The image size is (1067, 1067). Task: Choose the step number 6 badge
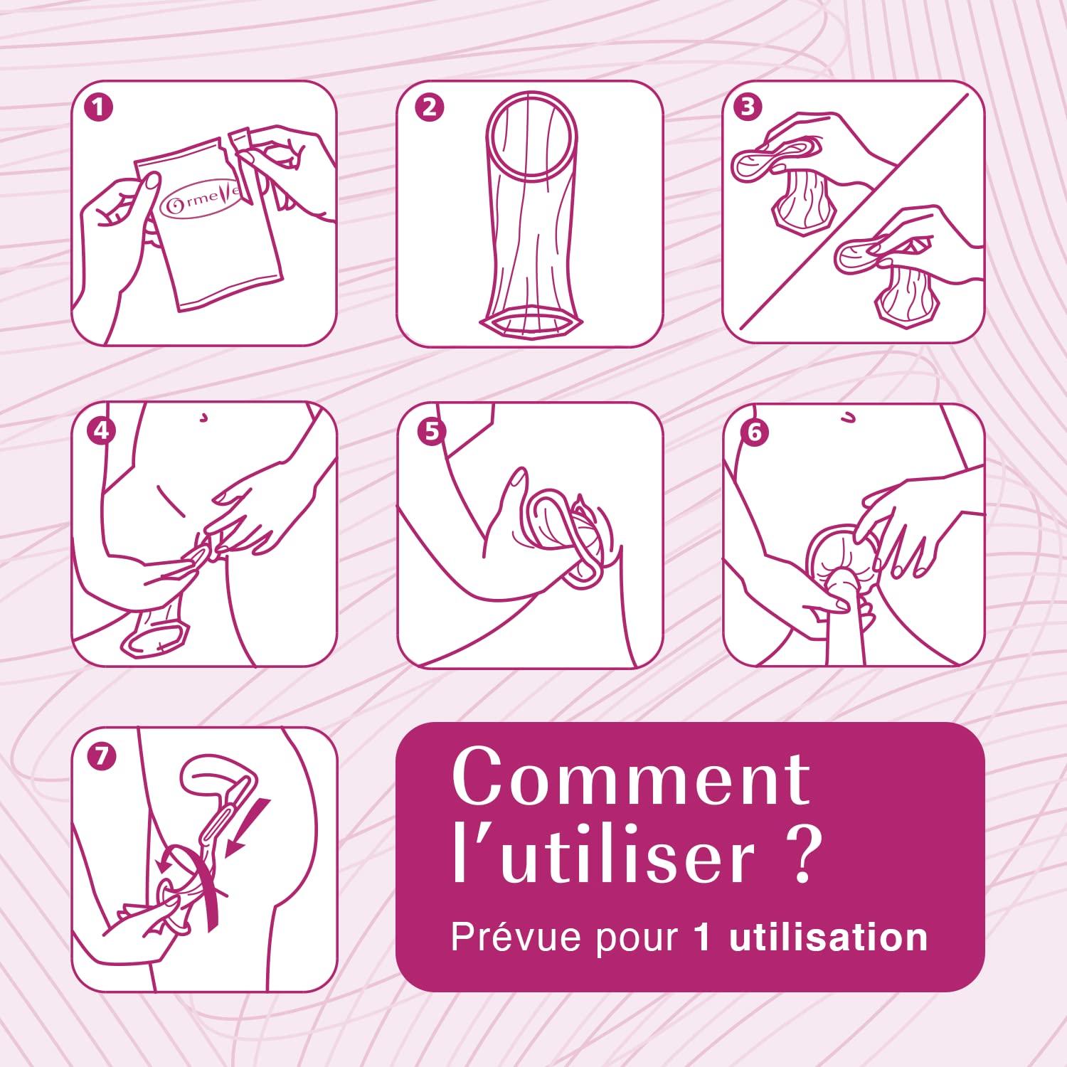[x=754, y=432]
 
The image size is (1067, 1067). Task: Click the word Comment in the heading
[x=631, y=777]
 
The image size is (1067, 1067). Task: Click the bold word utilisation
[x=829, y=937]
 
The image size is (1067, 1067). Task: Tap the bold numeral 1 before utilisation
[x=702, y=938]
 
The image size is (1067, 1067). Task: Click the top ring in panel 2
[x=531, y=136]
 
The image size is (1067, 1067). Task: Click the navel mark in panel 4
[x=204, y=418]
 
